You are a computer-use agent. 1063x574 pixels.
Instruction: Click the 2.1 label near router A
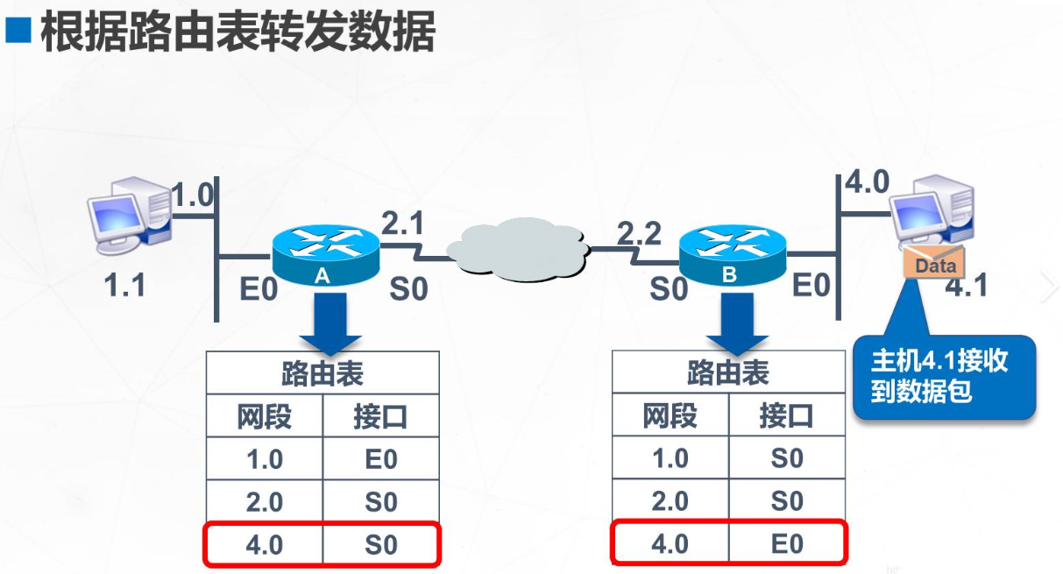(x=402, y=224)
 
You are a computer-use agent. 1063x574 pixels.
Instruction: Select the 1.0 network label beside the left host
(x=192, y=195)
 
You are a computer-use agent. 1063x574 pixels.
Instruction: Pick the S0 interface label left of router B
(x=669, y=289)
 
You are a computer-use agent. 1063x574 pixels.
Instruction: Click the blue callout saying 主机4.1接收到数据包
(x=943, y=377)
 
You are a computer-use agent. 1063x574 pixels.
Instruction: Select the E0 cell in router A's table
(x=380, y=459)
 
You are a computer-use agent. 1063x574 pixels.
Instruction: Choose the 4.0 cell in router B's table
(x=670, y=544)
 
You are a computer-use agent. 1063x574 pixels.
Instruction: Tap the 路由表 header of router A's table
(x=322, y=374)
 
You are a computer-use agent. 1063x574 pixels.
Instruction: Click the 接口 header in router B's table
(x=786, y=416)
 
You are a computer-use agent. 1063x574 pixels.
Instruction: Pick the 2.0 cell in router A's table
(x=264, y=502)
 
